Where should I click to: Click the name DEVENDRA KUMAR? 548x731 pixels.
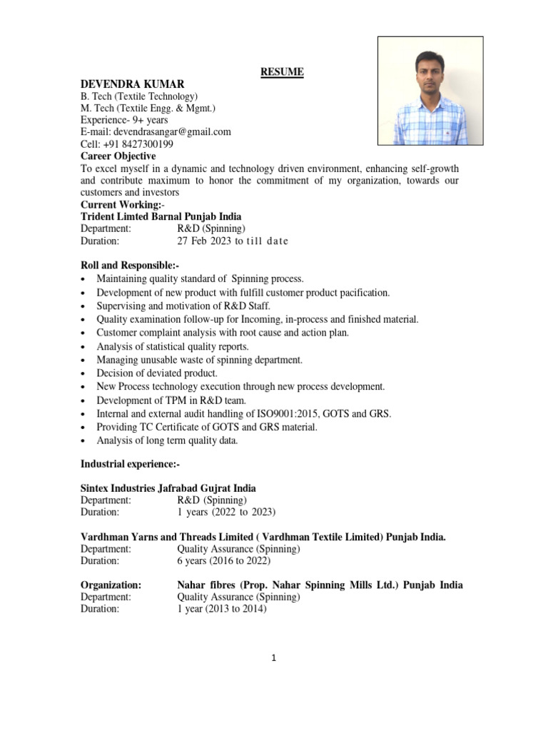point(127,84)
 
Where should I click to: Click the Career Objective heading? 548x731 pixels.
point(118,156)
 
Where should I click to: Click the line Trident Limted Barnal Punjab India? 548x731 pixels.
point(161,216)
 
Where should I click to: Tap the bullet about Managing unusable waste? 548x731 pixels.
point(199,360)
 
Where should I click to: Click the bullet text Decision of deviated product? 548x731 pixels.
point(157,373)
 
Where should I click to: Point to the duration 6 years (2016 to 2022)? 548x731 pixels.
point(226,561)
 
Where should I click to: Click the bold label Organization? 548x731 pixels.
point(111,585)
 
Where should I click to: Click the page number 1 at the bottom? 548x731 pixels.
point(274,659)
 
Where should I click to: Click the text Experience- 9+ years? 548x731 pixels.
point(124,120)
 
